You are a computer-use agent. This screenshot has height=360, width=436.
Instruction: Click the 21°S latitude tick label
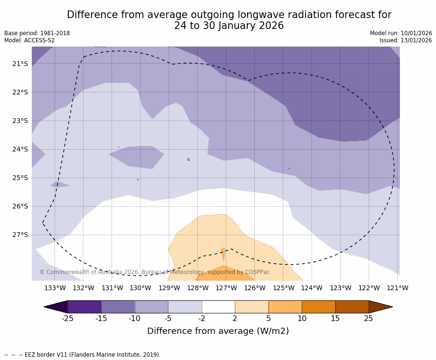tap(20, 64)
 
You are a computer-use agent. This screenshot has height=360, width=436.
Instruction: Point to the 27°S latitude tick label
tap(20, 235)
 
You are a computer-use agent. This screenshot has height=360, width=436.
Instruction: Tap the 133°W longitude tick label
tap(55, 288)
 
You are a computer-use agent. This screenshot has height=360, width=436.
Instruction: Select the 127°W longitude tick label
tap(226, 288)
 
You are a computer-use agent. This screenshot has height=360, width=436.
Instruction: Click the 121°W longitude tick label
tap(397, 288)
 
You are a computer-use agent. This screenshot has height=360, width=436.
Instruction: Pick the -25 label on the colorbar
tap(68, 318)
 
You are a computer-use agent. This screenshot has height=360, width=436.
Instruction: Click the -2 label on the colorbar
tap(201, 318)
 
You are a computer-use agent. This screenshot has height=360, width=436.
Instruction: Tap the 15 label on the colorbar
tap(335, 318)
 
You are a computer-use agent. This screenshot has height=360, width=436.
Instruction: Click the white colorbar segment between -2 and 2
tap(218, 307)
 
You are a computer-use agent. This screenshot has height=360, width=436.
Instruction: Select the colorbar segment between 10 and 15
tap(318, 307)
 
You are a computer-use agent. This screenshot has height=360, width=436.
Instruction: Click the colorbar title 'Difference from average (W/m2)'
tap(218, 331)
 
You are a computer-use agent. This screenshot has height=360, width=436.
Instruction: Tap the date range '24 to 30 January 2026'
tap(229, 26)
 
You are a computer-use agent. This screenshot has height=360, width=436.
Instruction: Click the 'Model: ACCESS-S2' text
tap(29, 40)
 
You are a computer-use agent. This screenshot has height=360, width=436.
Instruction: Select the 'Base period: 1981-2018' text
tap(37, 33)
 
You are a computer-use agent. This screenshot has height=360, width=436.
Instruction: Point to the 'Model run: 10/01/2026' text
tap(401, 33)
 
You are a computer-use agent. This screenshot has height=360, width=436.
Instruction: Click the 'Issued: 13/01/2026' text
tap(406, 40)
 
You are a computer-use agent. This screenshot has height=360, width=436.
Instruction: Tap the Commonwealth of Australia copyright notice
tap(154, 272)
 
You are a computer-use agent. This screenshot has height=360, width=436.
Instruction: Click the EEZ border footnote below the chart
tap(83, 355)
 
